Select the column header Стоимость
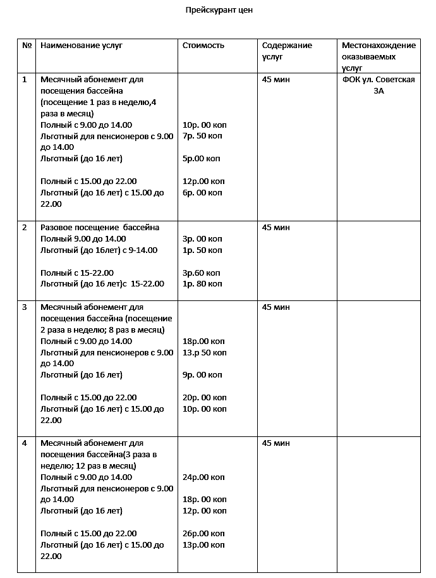(203, 46)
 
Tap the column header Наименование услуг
(81, 46)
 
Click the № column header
(27, 46)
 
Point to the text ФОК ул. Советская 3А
(378, 85)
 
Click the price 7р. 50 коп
(202, 136)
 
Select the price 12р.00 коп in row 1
(203, 181)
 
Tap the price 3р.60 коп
(202, 273)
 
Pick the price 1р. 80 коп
(202, 285)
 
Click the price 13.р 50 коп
(204, 353)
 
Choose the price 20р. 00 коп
(204, 398)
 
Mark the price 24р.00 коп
(203, 477)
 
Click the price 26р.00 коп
(203, 534)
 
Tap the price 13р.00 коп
(203, 545)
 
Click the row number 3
(25, 307)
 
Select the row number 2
(25, 228)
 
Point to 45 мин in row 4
(276, 443)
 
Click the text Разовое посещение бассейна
(100, 228)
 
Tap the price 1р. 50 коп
(202, 250)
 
